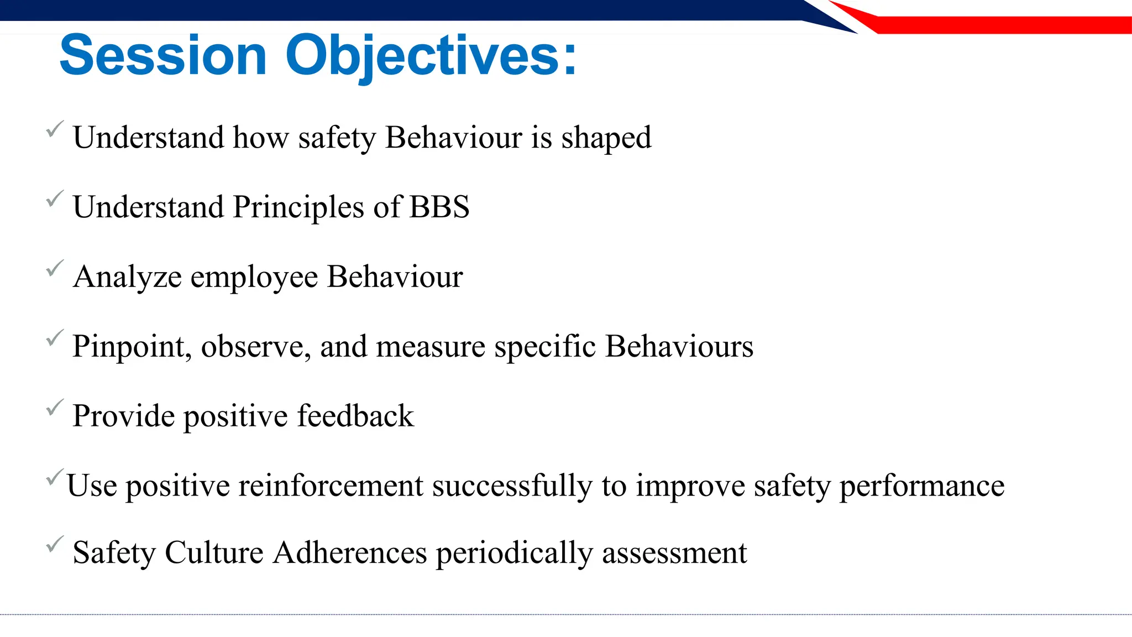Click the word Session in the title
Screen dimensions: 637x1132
(163, 56)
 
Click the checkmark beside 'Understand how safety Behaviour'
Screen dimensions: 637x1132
(54, 129)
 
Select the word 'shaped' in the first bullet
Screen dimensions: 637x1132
(606, 138)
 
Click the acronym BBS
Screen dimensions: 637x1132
(439, 207)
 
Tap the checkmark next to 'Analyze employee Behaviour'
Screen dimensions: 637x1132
(54, 269)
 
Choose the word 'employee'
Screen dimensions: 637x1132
(254, 277)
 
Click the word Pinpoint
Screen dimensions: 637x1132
(132, 347)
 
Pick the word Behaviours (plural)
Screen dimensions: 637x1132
(679, 347)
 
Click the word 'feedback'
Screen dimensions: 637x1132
(355, 416)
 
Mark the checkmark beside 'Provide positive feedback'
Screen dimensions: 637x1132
(54, 408)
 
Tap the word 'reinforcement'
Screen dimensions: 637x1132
(331, 486)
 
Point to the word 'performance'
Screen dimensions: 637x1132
(921, 486)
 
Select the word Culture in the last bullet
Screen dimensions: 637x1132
(214, 552)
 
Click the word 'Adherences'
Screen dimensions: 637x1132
(349, 552)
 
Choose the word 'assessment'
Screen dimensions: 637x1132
(674, 552)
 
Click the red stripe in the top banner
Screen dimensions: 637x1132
(995, 25)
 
